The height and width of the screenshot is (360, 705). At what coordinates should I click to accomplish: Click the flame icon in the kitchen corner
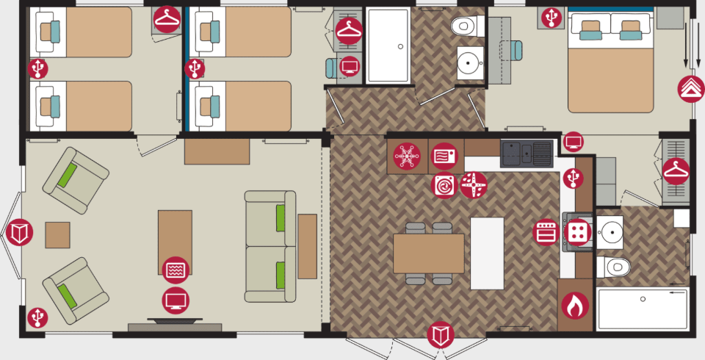(575, 306)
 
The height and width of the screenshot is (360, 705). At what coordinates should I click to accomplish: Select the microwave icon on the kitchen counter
(444, 156)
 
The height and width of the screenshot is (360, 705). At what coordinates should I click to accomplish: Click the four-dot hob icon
(577, 233)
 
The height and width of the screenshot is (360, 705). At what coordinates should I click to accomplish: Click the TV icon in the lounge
(176, 300)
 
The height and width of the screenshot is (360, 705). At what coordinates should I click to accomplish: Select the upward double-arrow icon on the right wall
(690, 89)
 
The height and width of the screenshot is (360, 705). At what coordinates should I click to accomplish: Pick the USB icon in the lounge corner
(37, 317)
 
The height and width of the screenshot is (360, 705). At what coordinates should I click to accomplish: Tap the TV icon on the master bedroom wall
(574, 141)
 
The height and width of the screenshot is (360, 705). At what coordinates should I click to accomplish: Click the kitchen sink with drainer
(527, 154)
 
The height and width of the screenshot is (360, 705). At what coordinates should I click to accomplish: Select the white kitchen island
(487, 253)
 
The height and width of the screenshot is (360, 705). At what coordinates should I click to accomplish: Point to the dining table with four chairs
(428, 253)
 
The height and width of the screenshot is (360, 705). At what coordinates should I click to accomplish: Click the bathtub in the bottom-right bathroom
(643, 309)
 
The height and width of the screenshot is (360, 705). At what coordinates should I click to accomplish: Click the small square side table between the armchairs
(57, 235)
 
